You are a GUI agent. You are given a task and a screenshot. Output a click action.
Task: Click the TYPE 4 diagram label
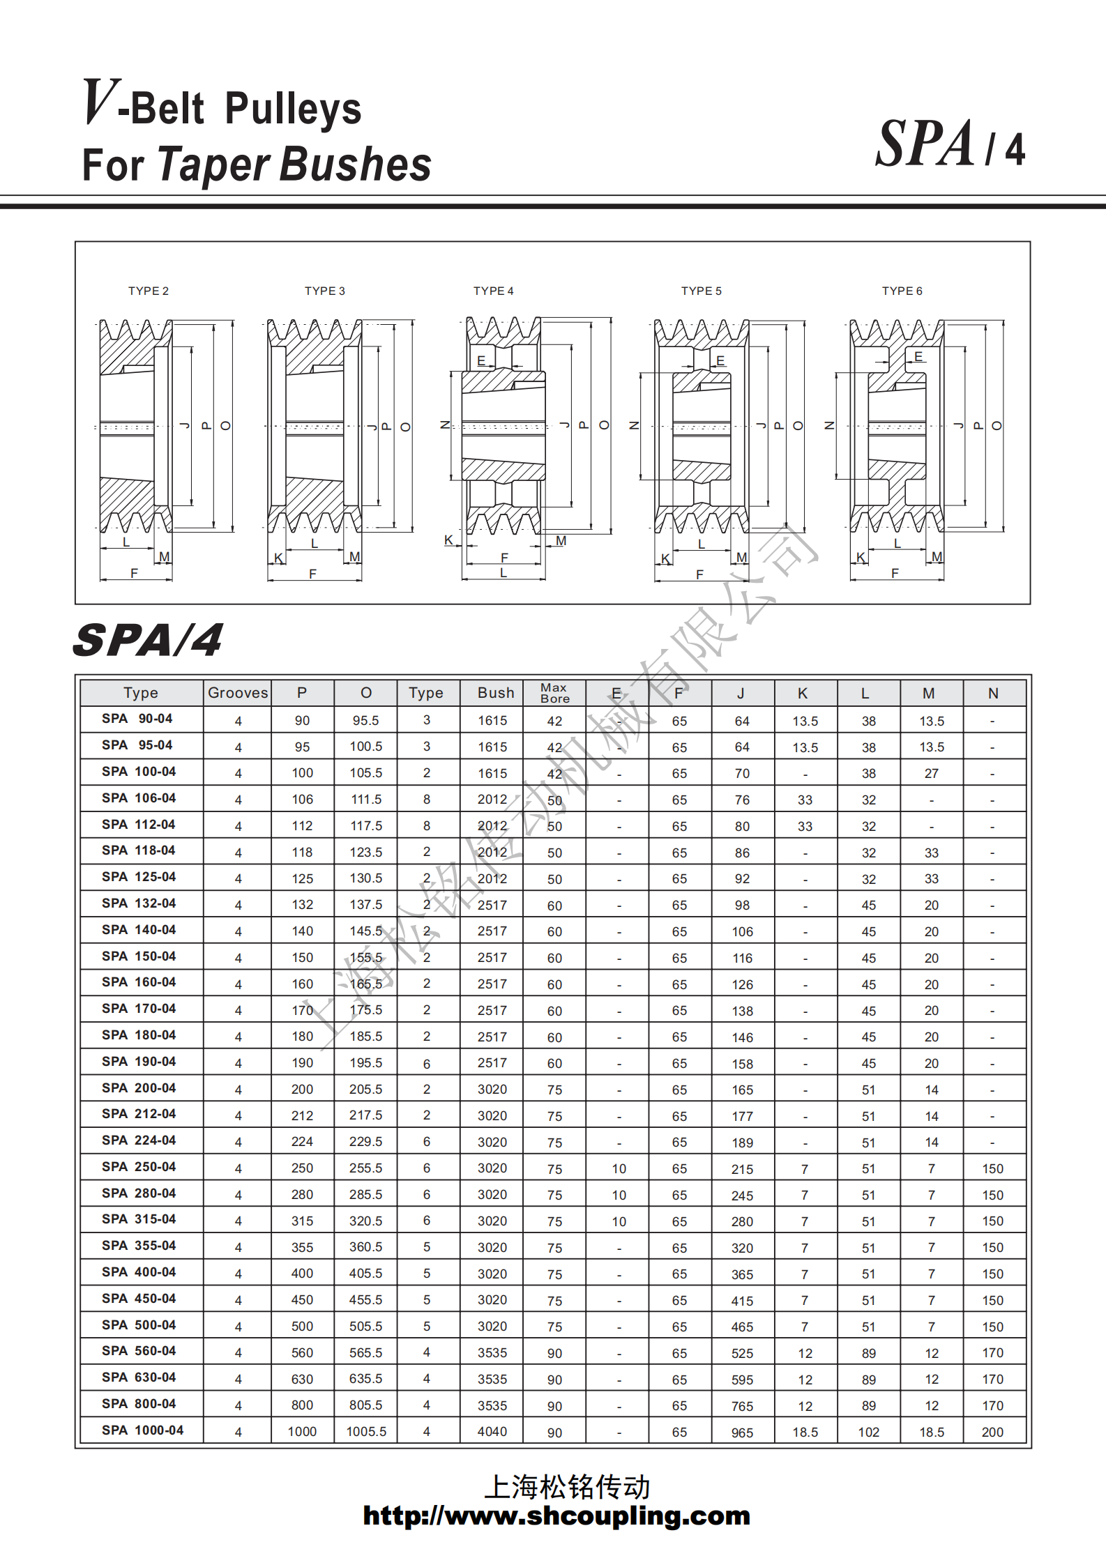pyautogui.click(x=493, y=291)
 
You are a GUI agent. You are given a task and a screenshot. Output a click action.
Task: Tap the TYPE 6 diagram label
pyautogui.click(x=902, y=291)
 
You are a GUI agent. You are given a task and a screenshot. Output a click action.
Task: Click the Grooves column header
pyautogui.click(x=238, y=692)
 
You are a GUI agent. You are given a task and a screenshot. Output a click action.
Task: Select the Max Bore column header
pyautogui.click(x=554, y=693)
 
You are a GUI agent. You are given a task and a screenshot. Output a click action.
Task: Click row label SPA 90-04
pyautogui.click(x=137, y=719)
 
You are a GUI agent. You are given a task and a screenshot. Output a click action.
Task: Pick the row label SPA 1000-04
pyautogui.click(x=142, y=1430)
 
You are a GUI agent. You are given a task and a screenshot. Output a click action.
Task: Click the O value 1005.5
pyautogui.click(x=366, y=1431)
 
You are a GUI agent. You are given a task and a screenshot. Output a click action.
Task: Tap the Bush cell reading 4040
pyautogui.click(x=492, y=1431)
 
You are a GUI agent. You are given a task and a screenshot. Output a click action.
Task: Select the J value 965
pyautogui.click(x=742, y=1433)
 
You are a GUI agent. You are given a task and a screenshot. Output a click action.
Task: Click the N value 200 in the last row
pyautogui.click(x=992, y=1432)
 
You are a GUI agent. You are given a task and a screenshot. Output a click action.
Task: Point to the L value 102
pyautogui.click(x=868, y=1432)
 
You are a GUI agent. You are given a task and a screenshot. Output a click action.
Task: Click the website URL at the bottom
pyautogui.click(x=556, y=1516)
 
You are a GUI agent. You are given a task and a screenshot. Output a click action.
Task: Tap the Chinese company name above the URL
pyautogui.click(x=566, y=1487)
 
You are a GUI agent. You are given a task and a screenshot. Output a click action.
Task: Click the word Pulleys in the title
pyautogui.click(x=293, y=109)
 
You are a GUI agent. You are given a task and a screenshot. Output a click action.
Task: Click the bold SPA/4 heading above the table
pyautogui.click(x=148, y=640)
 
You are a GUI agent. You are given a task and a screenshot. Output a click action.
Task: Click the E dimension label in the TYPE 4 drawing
pyautogui.click(x=481, y=360)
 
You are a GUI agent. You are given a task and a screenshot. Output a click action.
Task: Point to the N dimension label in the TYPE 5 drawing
pyautogui.click(x=634, y=425)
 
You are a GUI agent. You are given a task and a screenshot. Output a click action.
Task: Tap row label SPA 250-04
pyautogui.click(x=139, y=1167)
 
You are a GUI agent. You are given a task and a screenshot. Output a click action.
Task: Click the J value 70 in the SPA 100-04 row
pyautogui.click(x=742, y=773)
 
